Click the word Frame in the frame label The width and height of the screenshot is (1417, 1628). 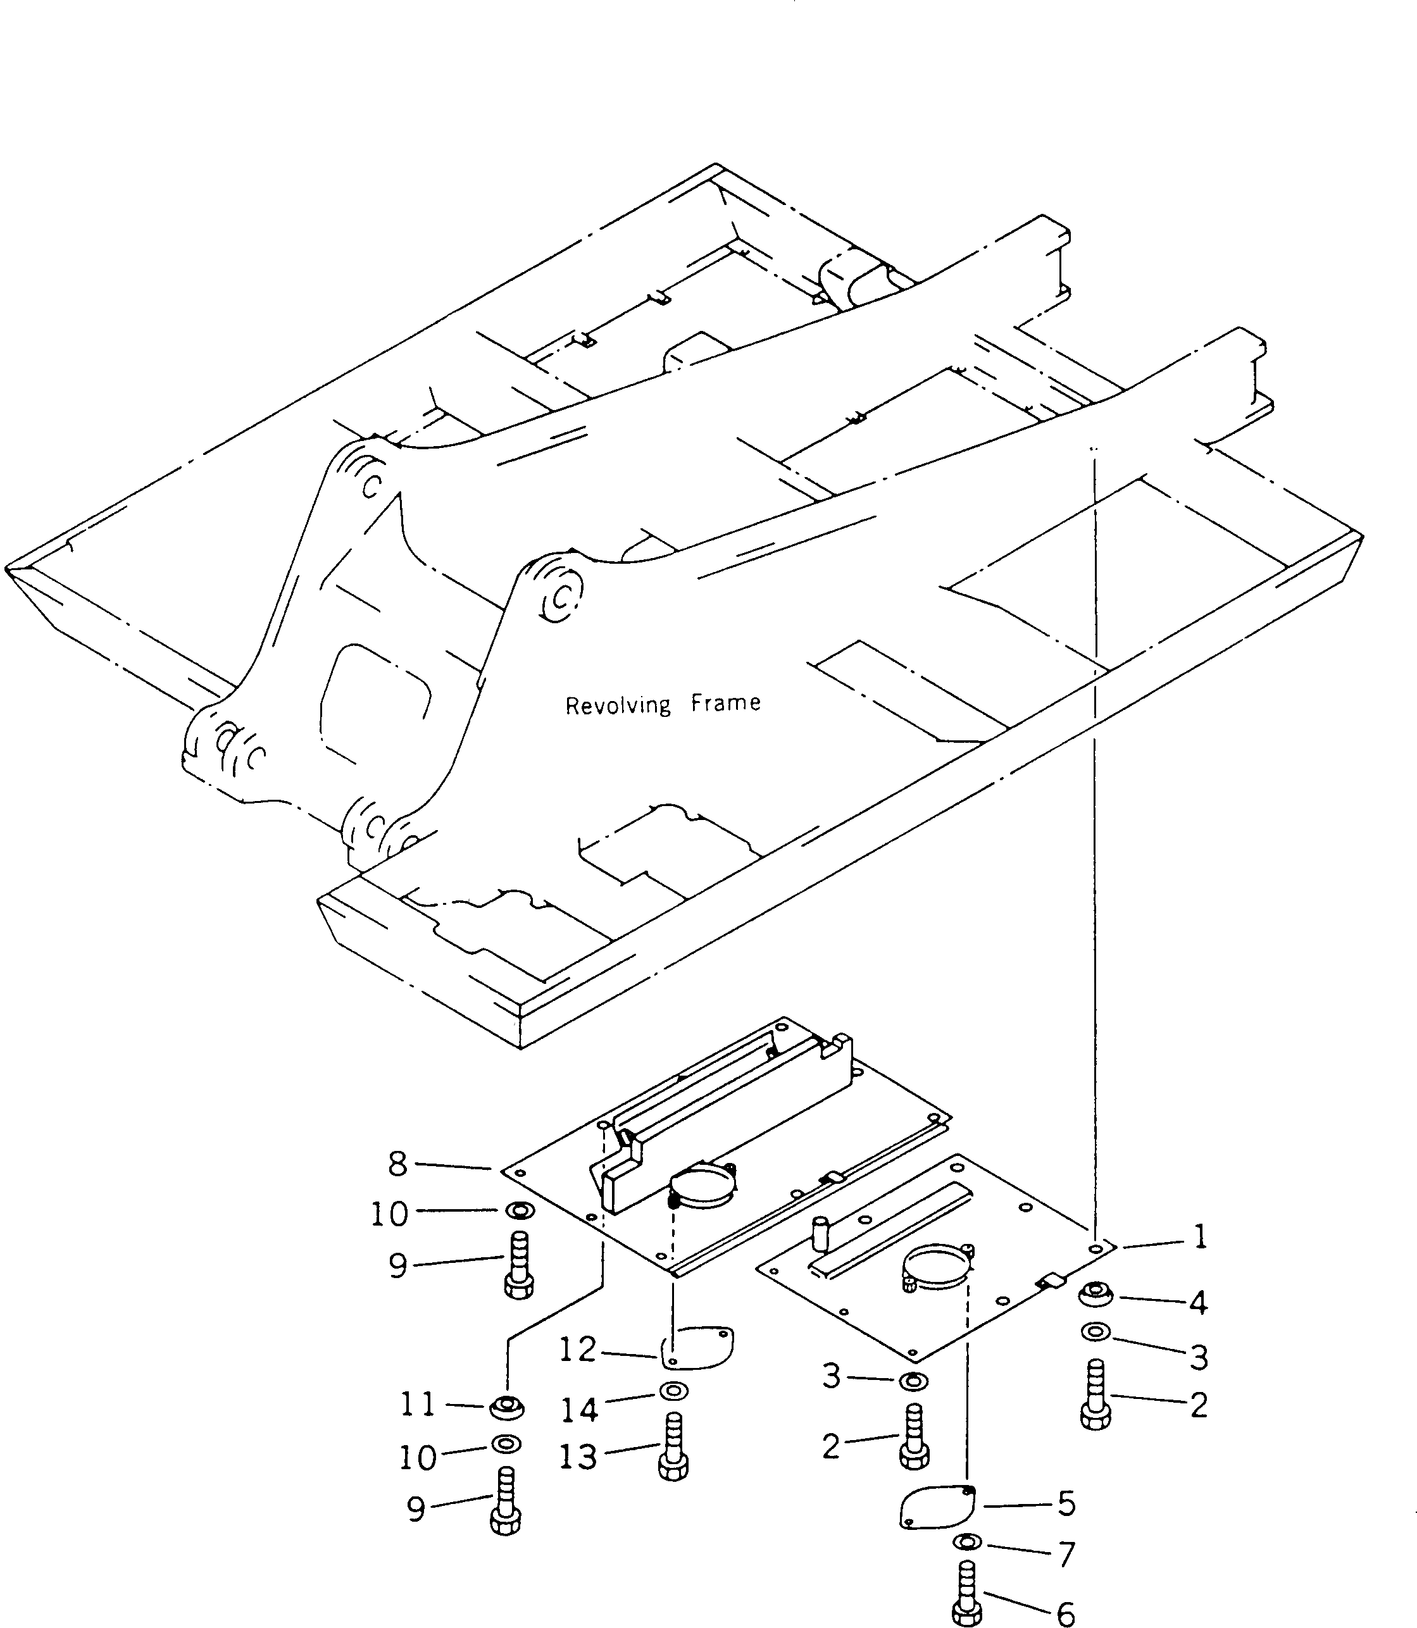(x=725, y=702)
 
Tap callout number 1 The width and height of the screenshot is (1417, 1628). (x=1199, y=1236)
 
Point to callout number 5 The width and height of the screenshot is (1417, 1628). (x=1066, y=1503)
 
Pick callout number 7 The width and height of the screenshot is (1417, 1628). (x=1066, y=1555)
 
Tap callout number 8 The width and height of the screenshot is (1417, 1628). (x=397, y=1163)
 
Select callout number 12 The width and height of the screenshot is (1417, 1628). (x=577, y=1350)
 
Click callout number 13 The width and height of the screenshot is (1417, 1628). (x=577, y=1457)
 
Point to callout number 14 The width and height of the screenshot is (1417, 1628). (x=579, y=1408)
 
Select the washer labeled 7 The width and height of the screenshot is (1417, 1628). (x=967, y=1542)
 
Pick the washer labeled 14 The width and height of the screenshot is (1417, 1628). (x=673, y=1391)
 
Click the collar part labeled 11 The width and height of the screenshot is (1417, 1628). (x=506, y=1407)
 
